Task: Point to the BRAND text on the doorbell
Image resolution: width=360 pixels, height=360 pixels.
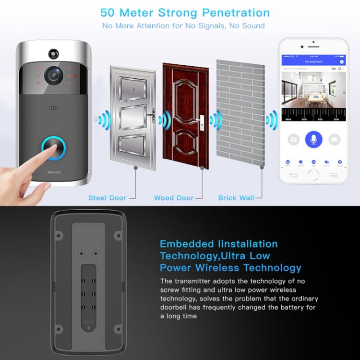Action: click(x=53, y=171)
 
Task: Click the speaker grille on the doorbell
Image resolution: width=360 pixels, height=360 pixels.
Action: click(x=53, y=107)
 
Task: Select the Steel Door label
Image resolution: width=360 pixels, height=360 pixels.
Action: click(x=107, y=198)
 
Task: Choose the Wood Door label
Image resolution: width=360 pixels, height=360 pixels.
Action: click(x=173, y=198)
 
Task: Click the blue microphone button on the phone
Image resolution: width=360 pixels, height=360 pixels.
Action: click(x=313, y=139)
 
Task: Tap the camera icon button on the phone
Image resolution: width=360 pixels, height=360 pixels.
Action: click(x=293, y=140)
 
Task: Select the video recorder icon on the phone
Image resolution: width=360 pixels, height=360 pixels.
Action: click(x=334, y=140)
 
